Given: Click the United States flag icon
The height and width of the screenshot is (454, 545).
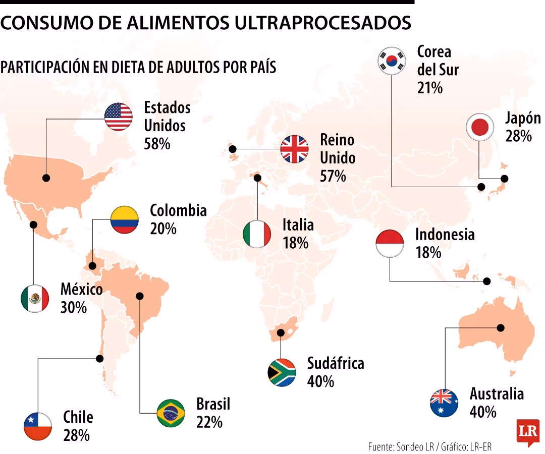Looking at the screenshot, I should [119, 117].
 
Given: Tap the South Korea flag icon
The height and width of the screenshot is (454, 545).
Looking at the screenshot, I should [392, 60].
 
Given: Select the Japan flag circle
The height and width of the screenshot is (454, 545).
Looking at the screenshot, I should [479, 127].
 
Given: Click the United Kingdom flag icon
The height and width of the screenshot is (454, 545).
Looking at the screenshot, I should [294, 149].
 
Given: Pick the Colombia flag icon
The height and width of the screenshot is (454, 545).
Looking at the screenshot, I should [125, 219].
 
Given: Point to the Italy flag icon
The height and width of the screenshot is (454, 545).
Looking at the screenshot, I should [257, 234].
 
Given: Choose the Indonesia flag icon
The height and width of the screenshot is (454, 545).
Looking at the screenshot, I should [390, 243].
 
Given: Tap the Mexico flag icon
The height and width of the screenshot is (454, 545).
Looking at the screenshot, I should [35, 299].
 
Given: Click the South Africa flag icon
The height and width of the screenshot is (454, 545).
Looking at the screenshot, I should [282, 373].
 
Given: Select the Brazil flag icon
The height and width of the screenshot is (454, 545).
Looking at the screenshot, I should [171, 413].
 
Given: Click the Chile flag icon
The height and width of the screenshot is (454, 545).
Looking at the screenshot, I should [38, 426].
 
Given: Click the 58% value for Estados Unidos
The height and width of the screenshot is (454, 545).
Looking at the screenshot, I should [157, 144].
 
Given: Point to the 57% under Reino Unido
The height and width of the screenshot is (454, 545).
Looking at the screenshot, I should [333, 176].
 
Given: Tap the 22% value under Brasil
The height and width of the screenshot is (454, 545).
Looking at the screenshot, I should [209, 422].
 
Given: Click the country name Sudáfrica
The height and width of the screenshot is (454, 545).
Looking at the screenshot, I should [336, 363].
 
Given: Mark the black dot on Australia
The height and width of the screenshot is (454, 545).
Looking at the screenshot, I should [501, 327].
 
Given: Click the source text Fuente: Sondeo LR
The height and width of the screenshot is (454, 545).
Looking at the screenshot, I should [401, 447].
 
